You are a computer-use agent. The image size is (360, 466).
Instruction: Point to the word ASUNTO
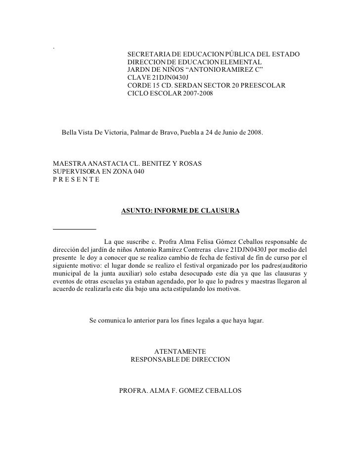tap(135, 211)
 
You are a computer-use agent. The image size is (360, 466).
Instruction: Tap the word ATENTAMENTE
tap(180, 352)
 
